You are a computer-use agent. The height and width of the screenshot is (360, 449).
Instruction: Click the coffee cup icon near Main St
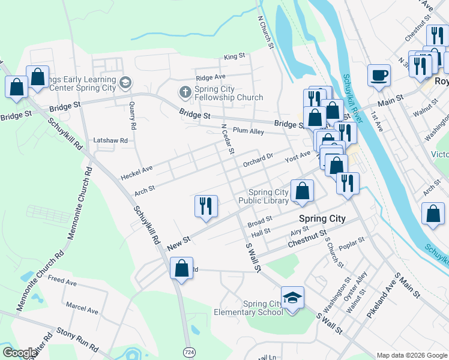point(379,76)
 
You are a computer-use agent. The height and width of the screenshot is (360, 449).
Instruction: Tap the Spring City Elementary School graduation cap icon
point(292,298)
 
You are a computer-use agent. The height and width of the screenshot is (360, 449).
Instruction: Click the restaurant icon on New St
point(205,206)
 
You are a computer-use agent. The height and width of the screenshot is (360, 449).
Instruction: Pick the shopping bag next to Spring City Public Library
point(303,191)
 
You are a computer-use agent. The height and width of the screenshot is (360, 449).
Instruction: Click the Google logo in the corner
point(19,353)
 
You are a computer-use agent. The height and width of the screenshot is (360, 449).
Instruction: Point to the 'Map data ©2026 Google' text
point(412,355)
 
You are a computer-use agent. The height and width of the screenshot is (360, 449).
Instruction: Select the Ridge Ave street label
point(210,77)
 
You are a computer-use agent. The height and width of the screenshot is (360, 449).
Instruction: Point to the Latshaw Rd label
point(110,140)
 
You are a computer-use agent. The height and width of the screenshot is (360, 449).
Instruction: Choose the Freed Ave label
point(62,280)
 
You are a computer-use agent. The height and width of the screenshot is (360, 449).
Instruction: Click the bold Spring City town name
point(322,218)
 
